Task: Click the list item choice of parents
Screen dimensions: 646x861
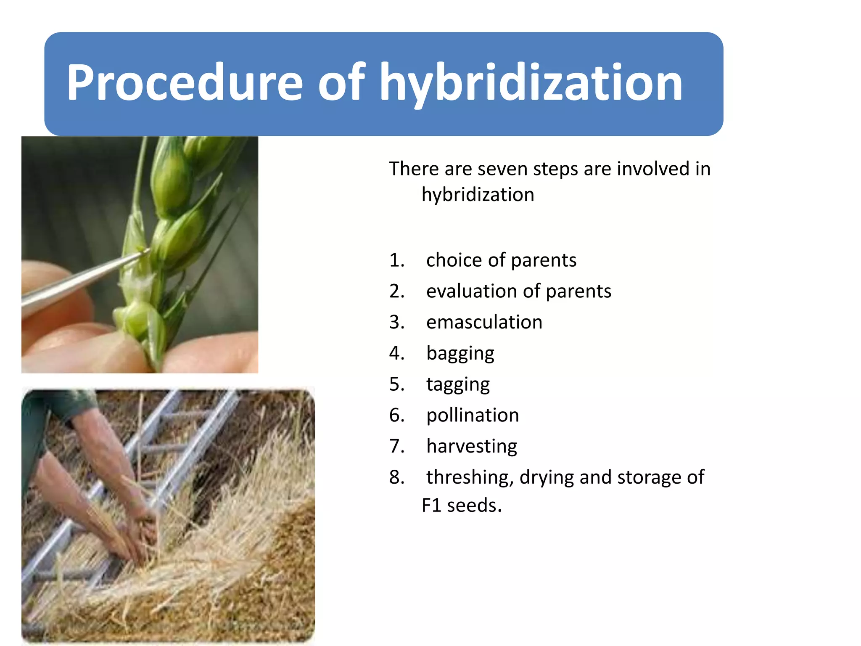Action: tap(501, 260)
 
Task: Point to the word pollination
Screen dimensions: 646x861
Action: tap(473, 416)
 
